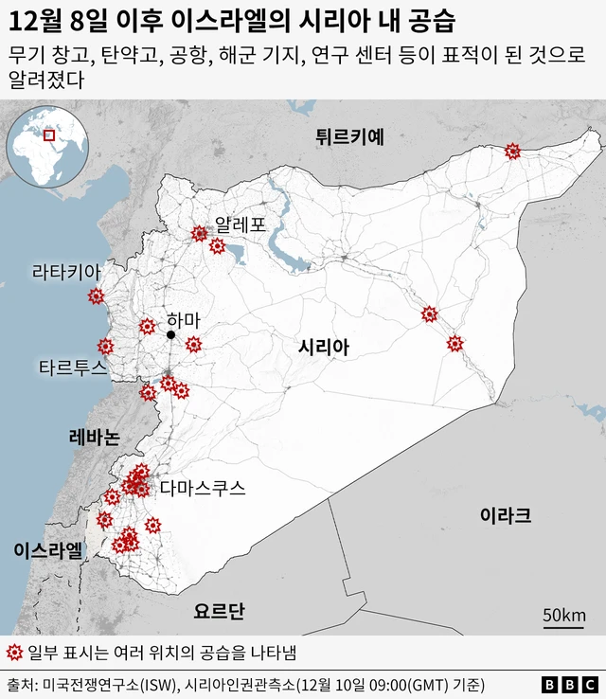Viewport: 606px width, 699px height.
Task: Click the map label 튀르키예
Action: (x=349, y=136)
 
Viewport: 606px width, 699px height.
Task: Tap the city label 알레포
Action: (x=241, y=225)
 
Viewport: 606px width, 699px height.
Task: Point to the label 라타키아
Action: (x=65, y=272)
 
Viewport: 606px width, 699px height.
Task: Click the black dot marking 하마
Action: (x=171, y=335)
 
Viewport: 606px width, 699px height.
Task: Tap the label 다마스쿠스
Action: (x=203, y=489)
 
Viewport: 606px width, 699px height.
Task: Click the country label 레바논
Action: (x=94, y=438)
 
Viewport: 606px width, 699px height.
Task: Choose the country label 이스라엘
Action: (x=48, y=551)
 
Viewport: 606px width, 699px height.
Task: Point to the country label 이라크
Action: (x=505, y=515)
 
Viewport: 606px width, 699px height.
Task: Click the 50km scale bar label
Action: (x=563, y=616)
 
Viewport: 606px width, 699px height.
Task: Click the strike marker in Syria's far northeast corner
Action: (x=512, y=151)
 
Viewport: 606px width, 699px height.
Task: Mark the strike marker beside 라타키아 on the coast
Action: (x=95, y=296)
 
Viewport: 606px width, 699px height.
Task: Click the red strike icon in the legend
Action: (x=13, y=653)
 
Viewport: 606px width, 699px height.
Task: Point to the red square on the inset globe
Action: (x=49, y=135)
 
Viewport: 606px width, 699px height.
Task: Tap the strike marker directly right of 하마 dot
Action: (x=193, y=344)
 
